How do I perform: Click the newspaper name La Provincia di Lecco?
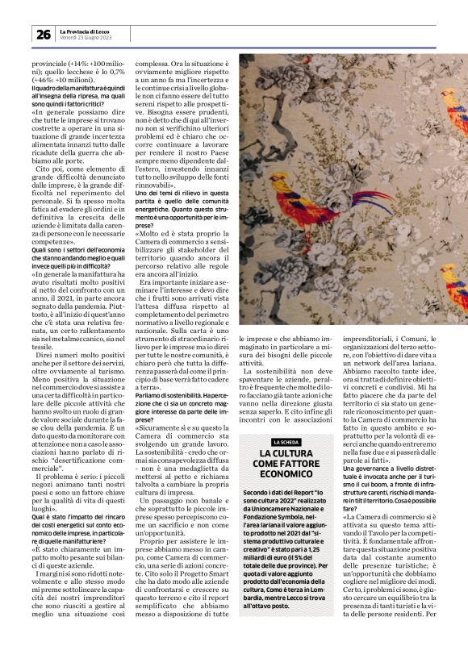click(87, 31)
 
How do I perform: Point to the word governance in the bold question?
click(374, 469)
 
